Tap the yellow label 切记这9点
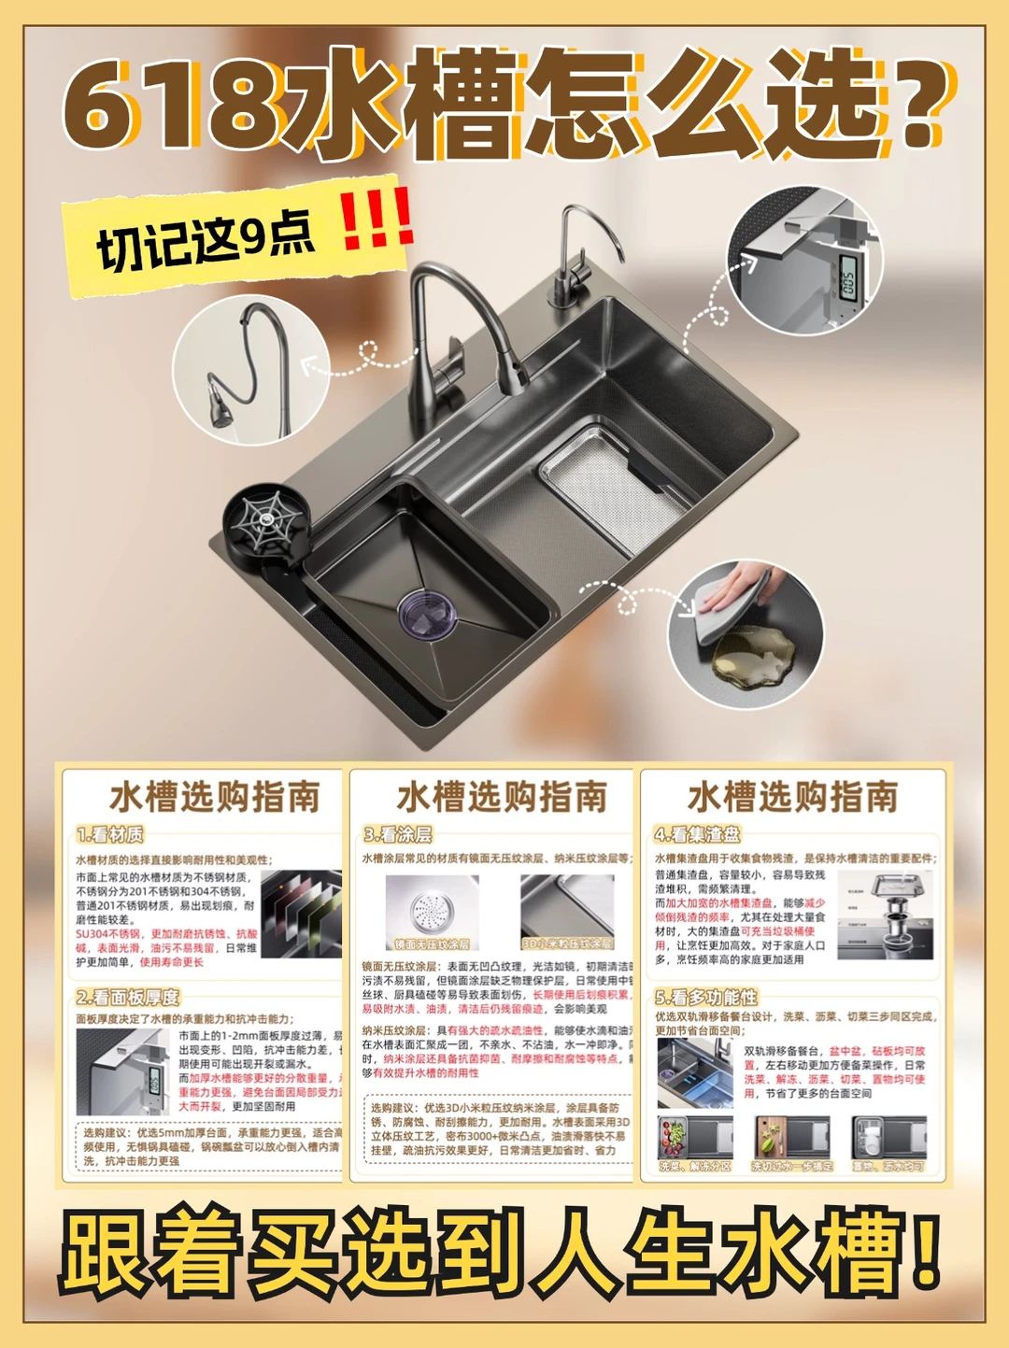click(x=206, y=239)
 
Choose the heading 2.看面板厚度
click(x=128, y=997)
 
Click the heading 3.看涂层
click(x=398, y=834)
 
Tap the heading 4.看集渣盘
click(x=697, y=834)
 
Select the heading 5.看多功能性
click(x=706, y=997)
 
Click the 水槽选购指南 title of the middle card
click(x=502, y=797)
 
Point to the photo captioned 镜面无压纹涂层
click(x=432, y=912)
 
